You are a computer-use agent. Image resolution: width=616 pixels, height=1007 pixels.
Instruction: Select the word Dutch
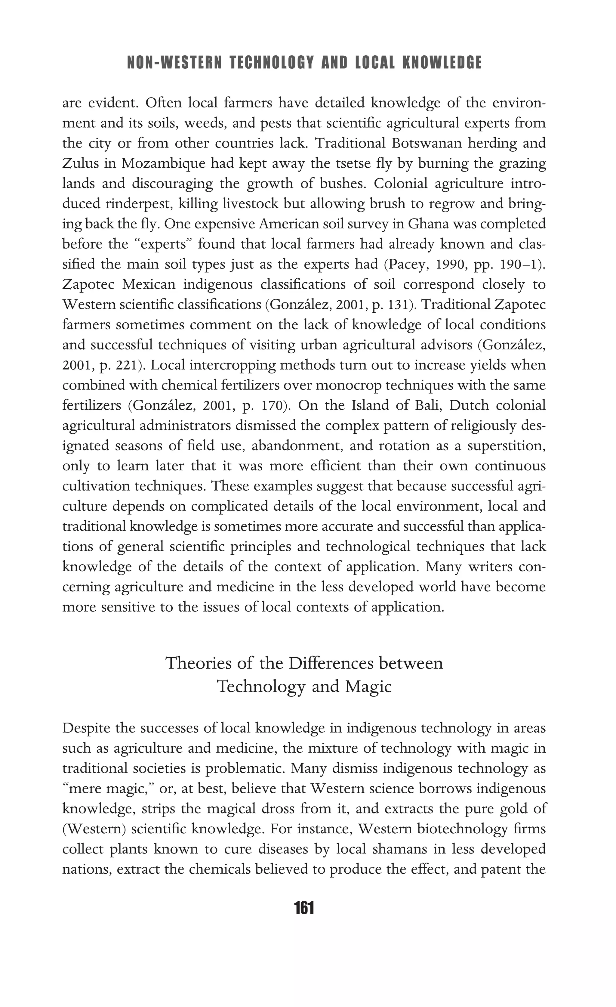[470, 405]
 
